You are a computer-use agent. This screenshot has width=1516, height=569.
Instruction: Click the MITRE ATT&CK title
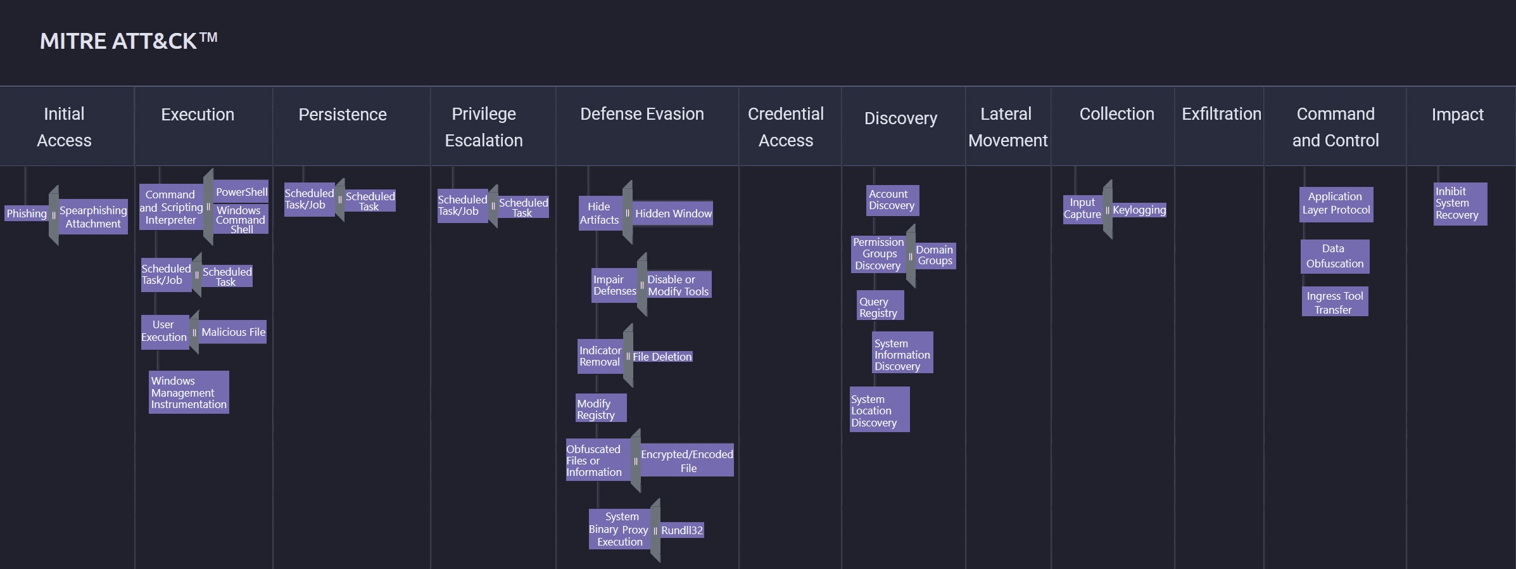(129, 41)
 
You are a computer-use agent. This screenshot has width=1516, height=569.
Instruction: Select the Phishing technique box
(27, 214)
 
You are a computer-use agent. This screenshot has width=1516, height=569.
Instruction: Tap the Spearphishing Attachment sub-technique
(93, 217)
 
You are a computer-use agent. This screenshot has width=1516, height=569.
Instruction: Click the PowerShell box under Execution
(241, 192)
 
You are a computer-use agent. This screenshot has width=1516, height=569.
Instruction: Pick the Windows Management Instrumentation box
(189, 392)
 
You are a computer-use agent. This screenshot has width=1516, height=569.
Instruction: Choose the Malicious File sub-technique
(233, 332)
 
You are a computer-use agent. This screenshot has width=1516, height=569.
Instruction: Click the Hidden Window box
(673, 214)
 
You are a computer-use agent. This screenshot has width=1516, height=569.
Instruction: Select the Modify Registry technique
(601, 409)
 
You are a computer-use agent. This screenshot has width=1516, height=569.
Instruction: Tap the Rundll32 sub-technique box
(682, 530)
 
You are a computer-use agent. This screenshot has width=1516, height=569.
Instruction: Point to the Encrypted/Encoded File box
(687, 461)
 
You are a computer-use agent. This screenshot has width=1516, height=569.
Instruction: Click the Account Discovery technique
(892, 200)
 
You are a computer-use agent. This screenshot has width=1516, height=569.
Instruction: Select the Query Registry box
(880, 307)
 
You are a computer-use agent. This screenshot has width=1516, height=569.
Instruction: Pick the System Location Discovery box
(880, 410)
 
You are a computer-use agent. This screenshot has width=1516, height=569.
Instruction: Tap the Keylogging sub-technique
(1139, 210)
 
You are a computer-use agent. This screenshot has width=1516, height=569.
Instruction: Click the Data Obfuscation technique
(1335, 256)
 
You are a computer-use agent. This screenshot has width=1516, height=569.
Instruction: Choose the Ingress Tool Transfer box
(1335, 302)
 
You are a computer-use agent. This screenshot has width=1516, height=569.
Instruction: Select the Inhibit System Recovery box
(1460, 203)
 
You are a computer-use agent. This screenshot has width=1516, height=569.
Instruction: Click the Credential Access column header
(786, 127)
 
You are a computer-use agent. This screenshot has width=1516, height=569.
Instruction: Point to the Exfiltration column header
(1222, 114)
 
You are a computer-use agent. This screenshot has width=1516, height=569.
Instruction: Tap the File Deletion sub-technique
(662, 357)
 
